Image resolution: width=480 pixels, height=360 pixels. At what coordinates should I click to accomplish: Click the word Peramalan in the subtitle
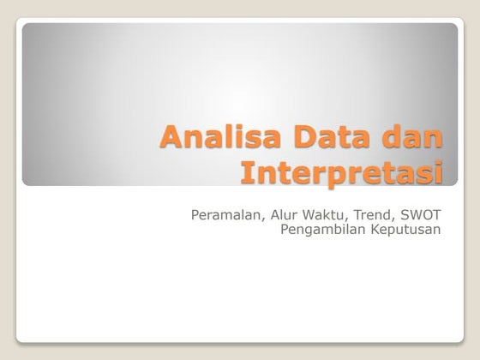point(225,213)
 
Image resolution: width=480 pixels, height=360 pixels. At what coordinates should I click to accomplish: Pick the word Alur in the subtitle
point(285,213)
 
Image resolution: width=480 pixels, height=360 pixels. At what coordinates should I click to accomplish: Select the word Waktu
point(327,213)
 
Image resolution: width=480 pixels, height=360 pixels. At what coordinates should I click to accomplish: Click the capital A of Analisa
point(171,138)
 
